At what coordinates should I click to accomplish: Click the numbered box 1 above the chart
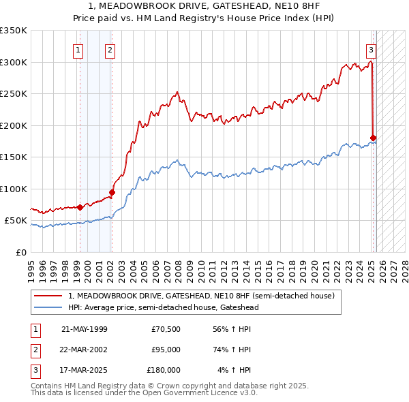(x=78, y=49)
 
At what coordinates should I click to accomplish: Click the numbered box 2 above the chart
(x=110, y=49)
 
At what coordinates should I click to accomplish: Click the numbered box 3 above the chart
(x=371, y=49)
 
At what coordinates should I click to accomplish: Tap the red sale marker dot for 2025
(x=373, y=138)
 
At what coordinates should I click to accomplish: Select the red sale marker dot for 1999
(x=80, y=207)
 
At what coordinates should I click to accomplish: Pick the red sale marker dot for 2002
(x=112, y=192)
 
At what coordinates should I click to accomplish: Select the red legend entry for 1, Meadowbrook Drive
(x=201, y=296)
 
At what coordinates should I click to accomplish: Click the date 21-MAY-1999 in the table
(x=84, y=329)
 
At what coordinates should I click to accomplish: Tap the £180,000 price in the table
(x=164, y=370)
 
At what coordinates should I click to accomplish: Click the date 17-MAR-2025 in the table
(x=84, y=370)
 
